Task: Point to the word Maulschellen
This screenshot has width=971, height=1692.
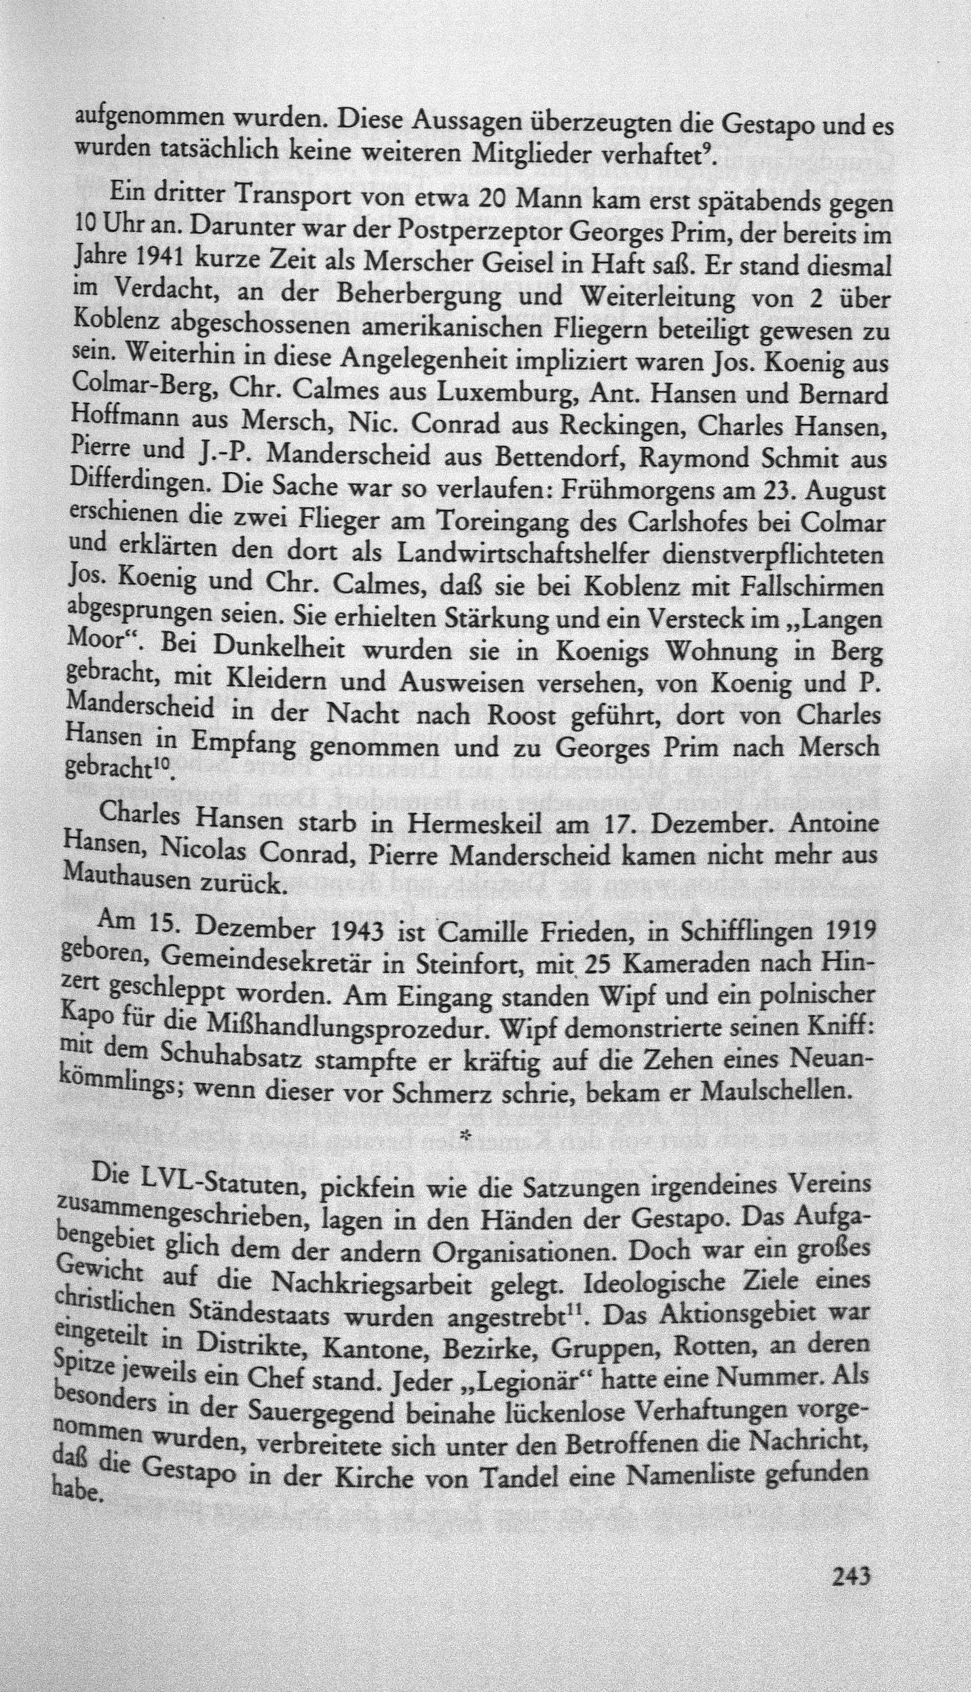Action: [772, 1087]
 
